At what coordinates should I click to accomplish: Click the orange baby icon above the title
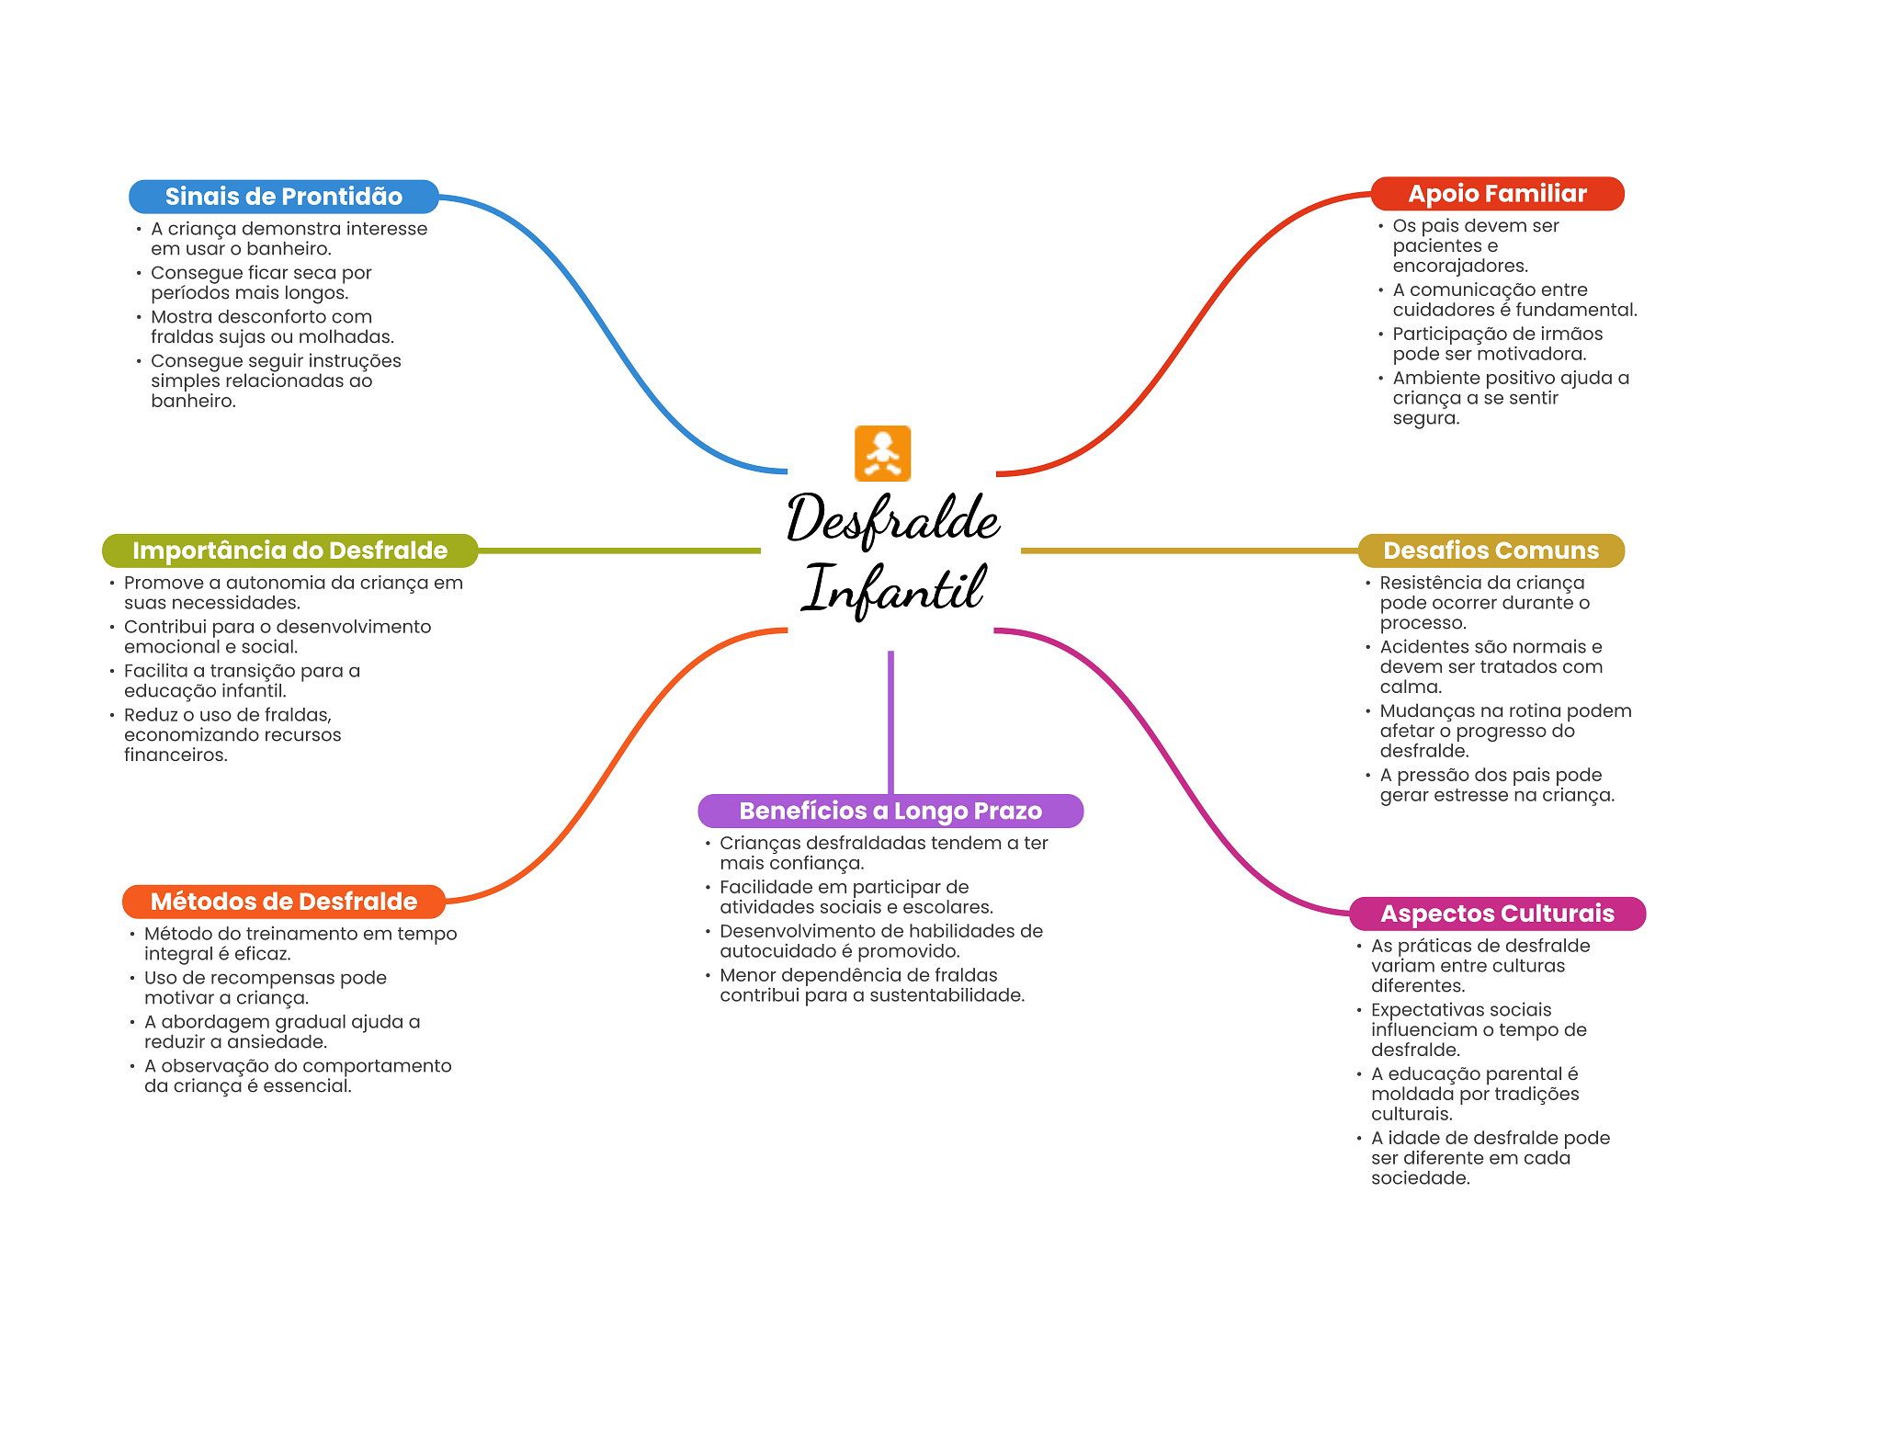coord(882,453)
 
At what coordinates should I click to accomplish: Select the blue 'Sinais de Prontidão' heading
coord(283,197)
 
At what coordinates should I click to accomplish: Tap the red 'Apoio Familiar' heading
coord(1497,194)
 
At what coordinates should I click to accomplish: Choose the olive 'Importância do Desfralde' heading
coord(289,551)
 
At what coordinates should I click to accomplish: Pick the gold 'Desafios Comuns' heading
coord(1491,551)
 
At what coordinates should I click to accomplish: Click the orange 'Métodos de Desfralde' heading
coord(283,902)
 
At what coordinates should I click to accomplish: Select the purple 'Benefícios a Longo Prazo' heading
coord(890,811)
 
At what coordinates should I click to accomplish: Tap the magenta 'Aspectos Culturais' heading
coord(1497,914)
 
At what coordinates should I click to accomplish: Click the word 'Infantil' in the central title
coord(893,589)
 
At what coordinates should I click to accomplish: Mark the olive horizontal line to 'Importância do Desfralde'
coord(619,551)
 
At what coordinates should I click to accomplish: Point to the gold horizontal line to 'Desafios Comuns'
coord(1189,551)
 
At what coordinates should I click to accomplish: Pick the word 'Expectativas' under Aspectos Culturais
coord(1425,1010)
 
